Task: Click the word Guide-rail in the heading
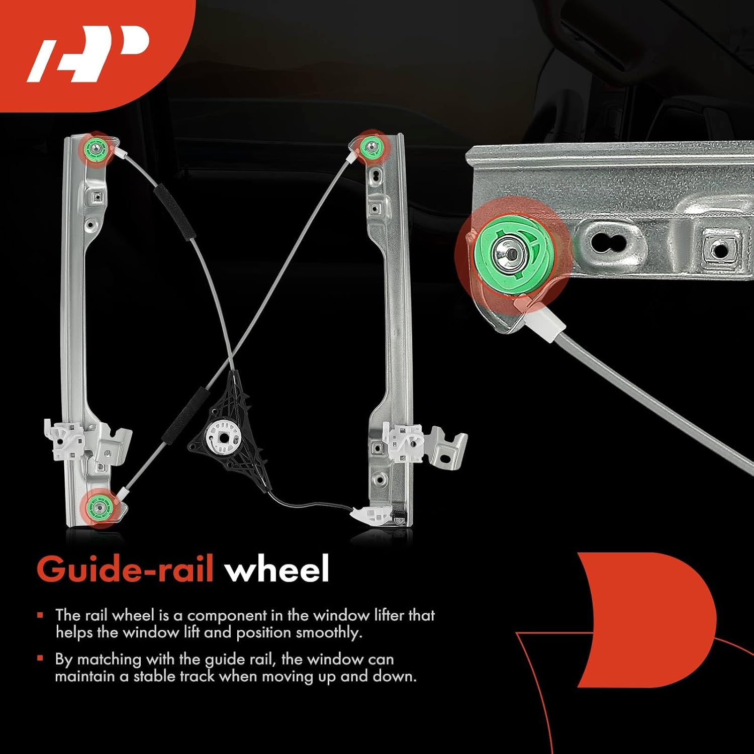coord(125,570)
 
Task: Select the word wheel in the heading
coord(276,570)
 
